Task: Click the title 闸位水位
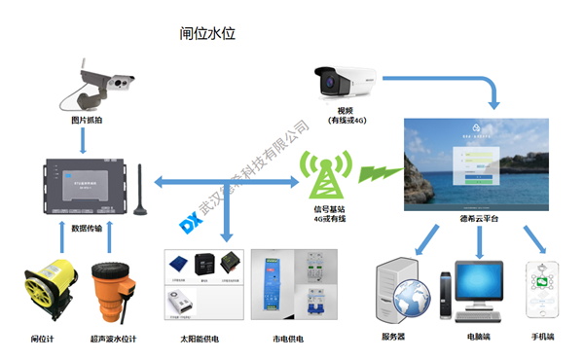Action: pos(208,33)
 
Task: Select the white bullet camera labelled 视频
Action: pos(345,83)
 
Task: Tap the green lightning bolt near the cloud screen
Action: pos(376,174)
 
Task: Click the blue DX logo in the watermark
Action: pos(191,222)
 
